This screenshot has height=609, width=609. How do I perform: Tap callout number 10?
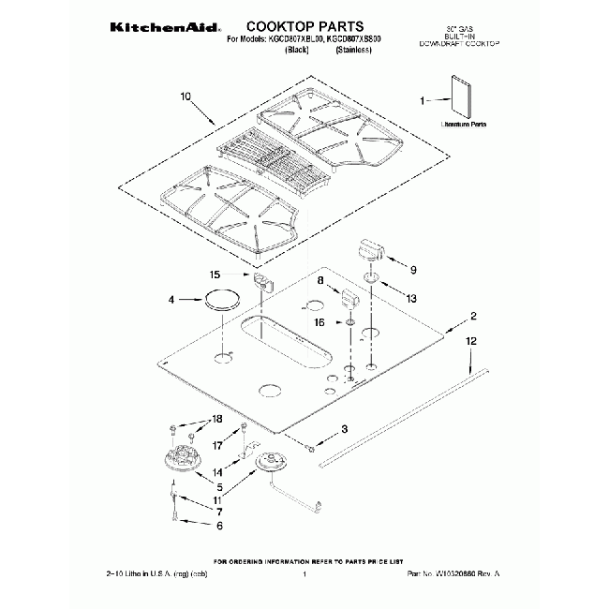(185, 96)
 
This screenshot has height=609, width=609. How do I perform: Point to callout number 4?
(171, 300)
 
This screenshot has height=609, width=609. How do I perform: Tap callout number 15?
(214, 275)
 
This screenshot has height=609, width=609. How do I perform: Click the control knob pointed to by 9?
(372, 250)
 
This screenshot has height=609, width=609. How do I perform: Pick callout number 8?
(319, 280)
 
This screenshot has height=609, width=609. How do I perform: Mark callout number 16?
(319, 321)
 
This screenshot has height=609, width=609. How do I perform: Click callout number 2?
(473, 316)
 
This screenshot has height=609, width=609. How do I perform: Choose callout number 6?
(219, 527)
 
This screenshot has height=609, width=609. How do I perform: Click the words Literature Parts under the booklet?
(464, 124)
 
